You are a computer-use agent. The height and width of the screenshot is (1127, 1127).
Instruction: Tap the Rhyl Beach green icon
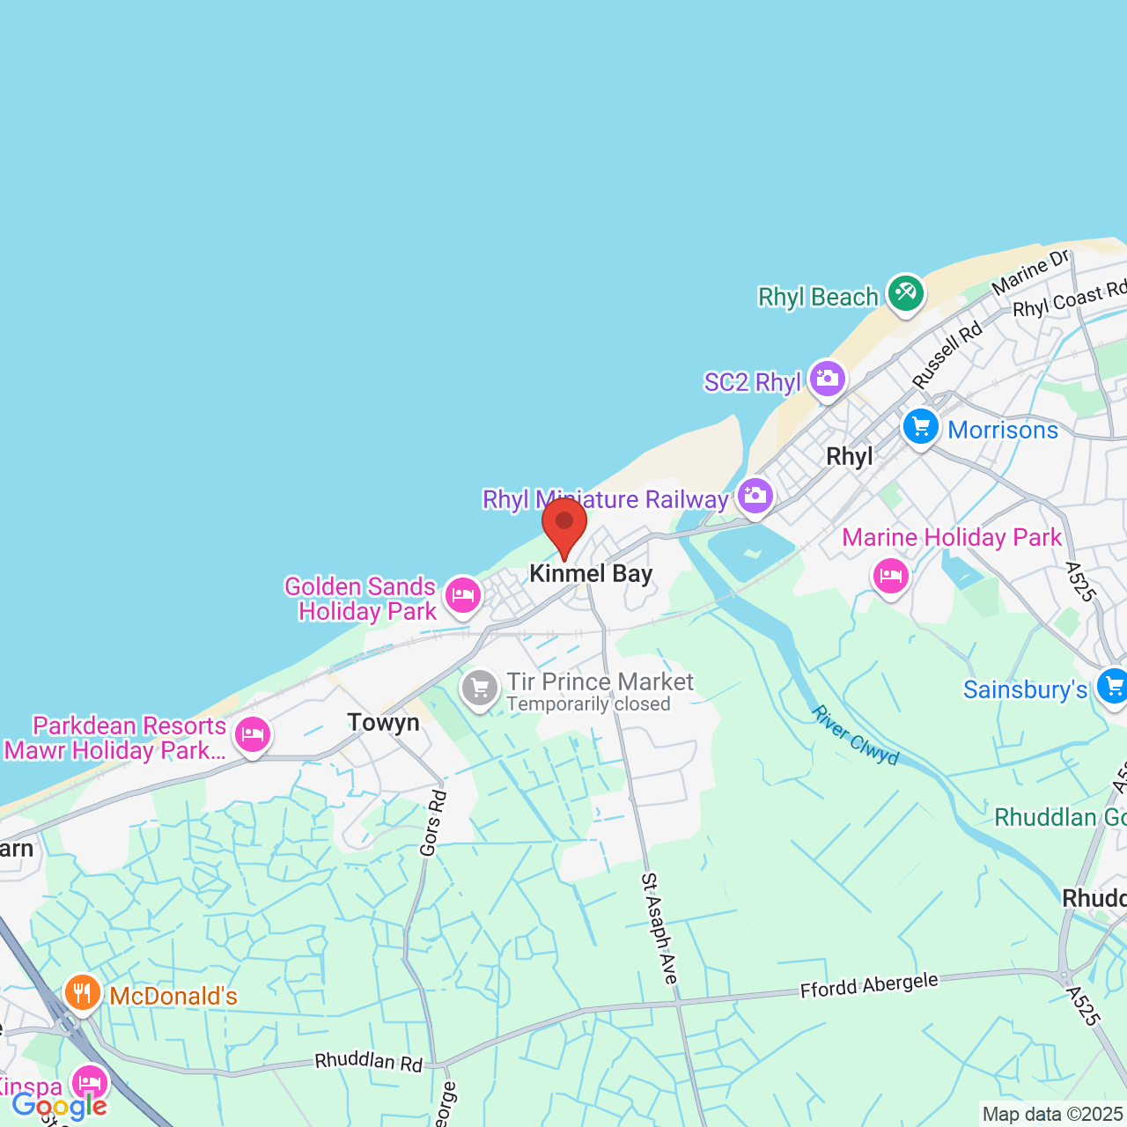(x=905, y=292)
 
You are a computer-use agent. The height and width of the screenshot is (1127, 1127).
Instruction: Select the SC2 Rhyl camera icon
(x=827, y=379)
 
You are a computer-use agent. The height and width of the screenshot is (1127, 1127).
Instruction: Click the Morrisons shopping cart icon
(x=921, y=428)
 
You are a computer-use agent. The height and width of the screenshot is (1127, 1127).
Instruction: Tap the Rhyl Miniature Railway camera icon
(x=755, y=496)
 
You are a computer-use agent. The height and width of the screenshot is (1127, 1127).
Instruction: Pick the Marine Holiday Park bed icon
(x=890, y=576)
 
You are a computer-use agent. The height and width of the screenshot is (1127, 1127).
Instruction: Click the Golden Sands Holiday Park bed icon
(x=462, y=596)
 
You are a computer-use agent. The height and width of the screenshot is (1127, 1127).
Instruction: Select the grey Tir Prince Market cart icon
(x=480, y=688)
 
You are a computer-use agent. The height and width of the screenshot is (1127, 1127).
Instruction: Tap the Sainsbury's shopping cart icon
(x=1112, y=687)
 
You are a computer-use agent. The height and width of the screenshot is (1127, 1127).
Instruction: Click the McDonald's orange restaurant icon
(x=82, y=993)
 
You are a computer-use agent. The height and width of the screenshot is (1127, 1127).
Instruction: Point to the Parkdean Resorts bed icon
(x=253, y=733)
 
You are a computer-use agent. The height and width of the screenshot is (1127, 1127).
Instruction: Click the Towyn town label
(x=383, y=723)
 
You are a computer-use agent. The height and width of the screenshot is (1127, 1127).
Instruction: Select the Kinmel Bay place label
(x=591, y=574)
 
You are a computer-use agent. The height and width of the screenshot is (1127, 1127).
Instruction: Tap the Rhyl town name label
(x=850, y=456)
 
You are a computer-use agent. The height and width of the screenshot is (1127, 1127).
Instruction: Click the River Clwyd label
(x=855, y=735)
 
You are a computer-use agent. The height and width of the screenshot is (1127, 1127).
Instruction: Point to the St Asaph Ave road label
(x=659, y=928)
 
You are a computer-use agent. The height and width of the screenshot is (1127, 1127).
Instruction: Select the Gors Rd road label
(x=433, y=823)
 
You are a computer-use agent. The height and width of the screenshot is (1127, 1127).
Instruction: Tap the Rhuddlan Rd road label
(x=368, y=1061)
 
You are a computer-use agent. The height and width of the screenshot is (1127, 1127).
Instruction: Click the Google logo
(x=59, y=1105)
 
